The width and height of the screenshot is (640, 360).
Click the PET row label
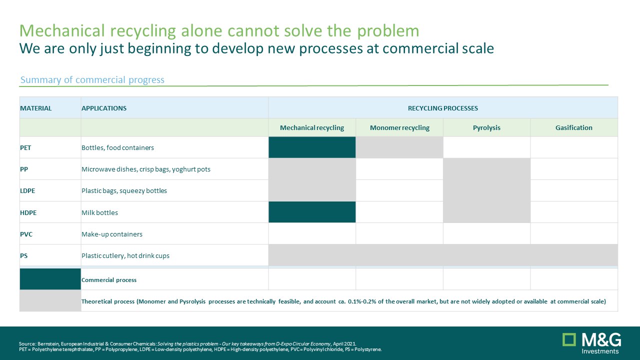[x=25, y=147]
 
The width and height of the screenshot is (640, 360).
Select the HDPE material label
[x=28, y=212]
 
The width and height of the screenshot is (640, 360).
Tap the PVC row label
[x=26, y=234]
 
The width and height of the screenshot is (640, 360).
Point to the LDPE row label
[x=27, y=190]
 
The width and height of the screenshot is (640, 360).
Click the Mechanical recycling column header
[x=312, y=127]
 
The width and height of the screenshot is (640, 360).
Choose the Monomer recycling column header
[x=399, y=127]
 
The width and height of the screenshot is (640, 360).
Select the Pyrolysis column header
[x=486, y=127]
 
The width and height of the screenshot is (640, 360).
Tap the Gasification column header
[x=573, y=127]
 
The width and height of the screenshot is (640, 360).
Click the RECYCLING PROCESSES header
[x=443, y=108]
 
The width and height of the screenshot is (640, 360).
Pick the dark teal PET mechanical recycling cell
[x=312, y=147]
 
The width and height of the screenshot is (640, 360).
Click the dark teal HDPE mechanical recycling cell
[x=312, y=212]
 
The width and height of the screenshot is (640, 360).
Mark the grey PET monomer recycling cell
[x=399, y=147]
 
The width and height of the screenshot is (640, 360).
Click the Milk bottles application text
[x=99, y=212]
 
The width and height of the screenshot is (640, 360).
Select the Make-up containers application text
[x=111, y=234]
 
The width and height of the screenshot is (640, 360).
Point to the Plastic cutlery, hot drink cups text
[x=125, y=255]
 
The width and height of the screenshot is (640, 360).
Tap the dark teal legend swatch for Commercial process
[x=50, y=279]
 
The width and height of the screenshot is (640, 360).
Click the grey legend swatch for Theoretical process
[x=50, y=300]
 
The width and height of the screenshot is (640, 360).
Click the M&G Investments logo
[x=591, y=343]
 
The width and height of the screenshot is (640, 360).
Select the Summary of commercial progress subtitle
[x=92, y=79]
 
